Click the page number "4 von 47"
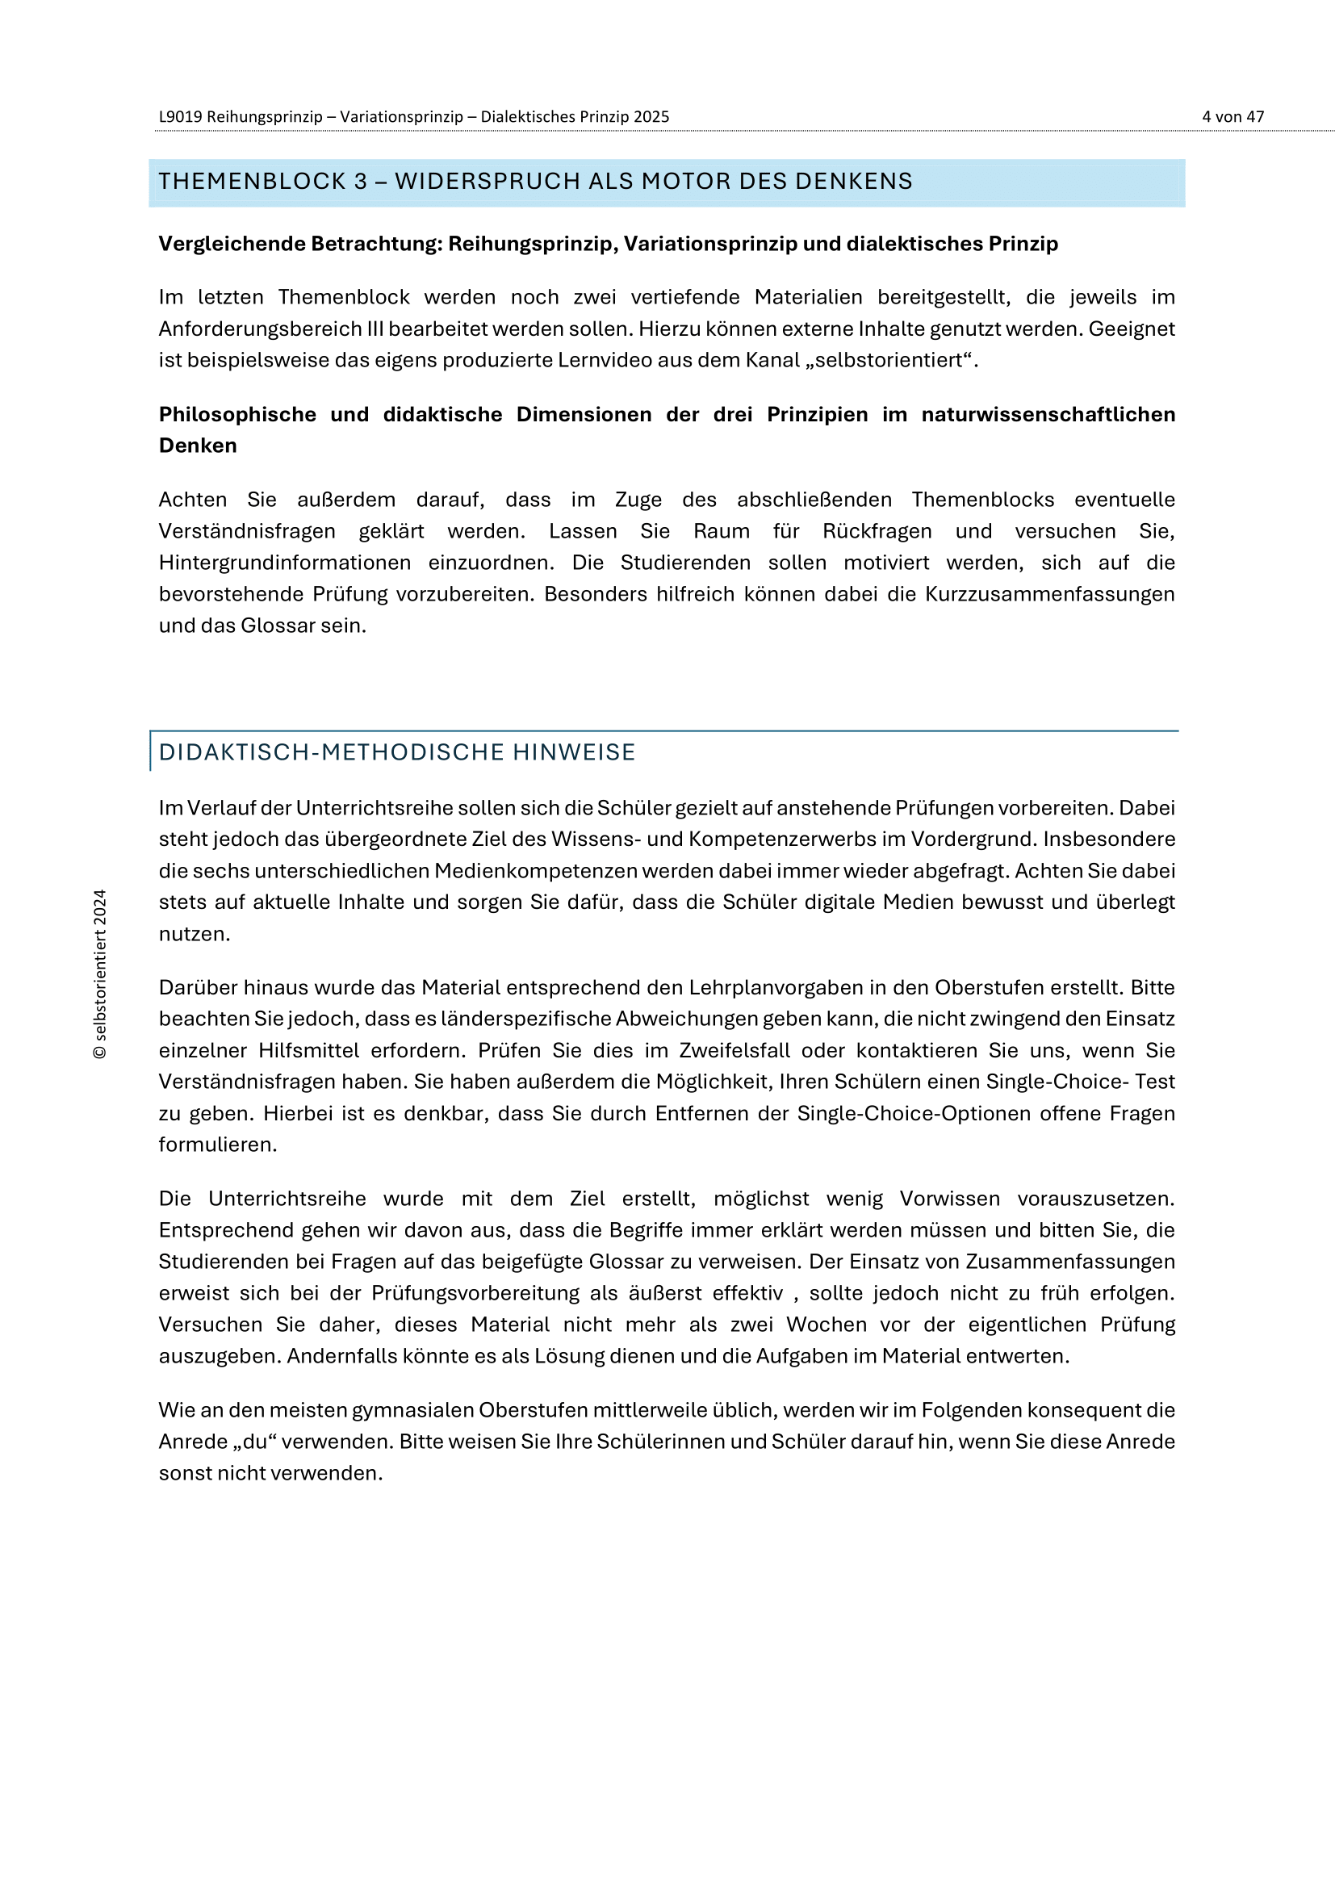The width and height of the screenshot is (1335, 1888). (1232, 117)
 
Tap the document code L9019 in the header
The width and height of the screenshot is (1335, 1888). (180, 117)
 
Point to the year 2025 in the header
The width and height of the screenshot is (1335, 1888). (651, 117)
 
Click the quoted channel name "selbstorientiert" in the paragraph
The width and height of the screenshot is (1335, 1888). (888, 360)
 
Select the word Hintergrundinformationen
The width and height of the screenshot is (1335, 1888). (284, 563)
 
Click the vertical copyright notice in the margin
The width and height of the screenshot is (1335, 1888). (100, 973)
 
